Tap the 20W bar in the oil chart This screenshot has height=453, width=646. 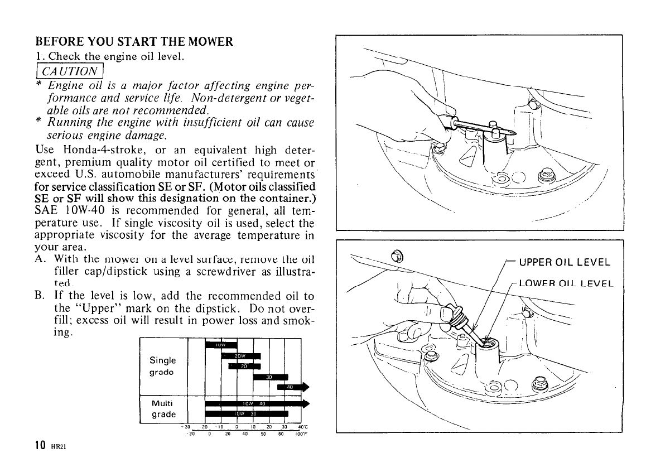pos(242,356)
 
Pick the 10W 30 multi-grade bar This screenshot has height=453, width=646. pos(246,413)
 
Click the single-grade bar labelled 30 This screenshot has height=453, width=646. pos(270,377)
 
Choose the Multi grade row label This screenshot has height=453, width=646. pos(162,409)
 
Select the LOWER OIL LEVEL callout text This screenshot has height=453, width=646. pos(564,283)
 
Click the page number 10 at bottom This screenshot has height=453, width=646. pos(41,445)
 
